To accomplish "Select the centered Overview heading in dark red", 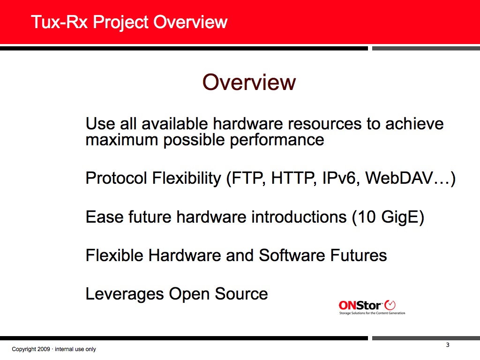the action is [249, 82].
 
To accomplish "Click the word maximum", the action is [121, 140].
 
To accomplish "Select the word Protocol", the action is [116, 178].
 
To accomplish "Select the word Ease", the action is [104, 217].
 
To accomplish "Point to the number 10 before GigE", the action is [367, 217].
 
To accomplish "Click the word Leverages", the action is [125, 294].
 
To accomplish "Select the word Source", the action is [241, 294].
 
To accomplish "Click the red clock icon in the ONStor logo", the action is [390, 305].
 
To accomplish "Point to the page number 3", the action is [448, 345].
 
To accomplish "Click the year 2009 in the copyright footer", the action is [44, 349].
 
